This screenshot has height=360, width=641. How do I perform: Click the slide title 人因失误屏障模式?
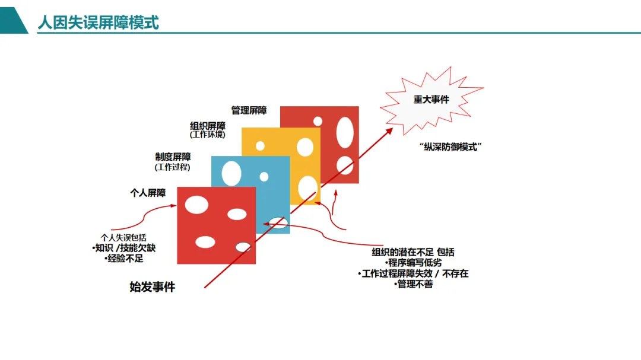[x=98, y=23]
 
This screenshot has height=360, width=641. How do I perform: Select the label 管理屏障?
[x=249, y=110]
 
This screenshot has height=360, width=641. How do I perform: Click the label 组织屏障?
[x=208, y=126]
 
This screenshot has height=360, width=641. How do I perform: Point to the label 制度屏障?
[x=173, y=157]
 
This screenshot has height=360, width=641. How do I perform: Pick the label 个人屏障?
[x=148, y=193]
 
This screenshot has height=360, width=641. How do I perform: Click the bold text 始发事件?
[x=153, y=287]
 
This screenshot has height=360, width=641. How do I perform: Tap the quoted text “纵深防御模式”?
[x=449, y=146]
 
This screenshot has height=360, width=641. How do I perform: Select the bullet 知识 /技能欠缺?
[x=124, y=249]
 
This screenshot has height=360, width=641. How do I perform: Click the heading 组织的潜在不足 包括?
[x=413, y=252]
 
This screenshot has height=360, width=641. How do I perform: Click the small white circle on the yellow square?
[x=260, y=146]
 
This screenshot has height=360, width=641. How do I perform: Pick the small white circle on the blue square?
[x=264, y=177]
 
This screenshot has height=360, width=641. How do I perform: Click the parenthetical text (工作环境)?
[x=208, y=135]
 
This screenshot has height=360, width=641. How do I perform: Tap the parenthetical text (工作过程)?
[x=173, y=167]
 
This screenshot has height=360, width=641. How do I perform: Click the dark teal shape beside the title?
[x=13, y=23]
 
